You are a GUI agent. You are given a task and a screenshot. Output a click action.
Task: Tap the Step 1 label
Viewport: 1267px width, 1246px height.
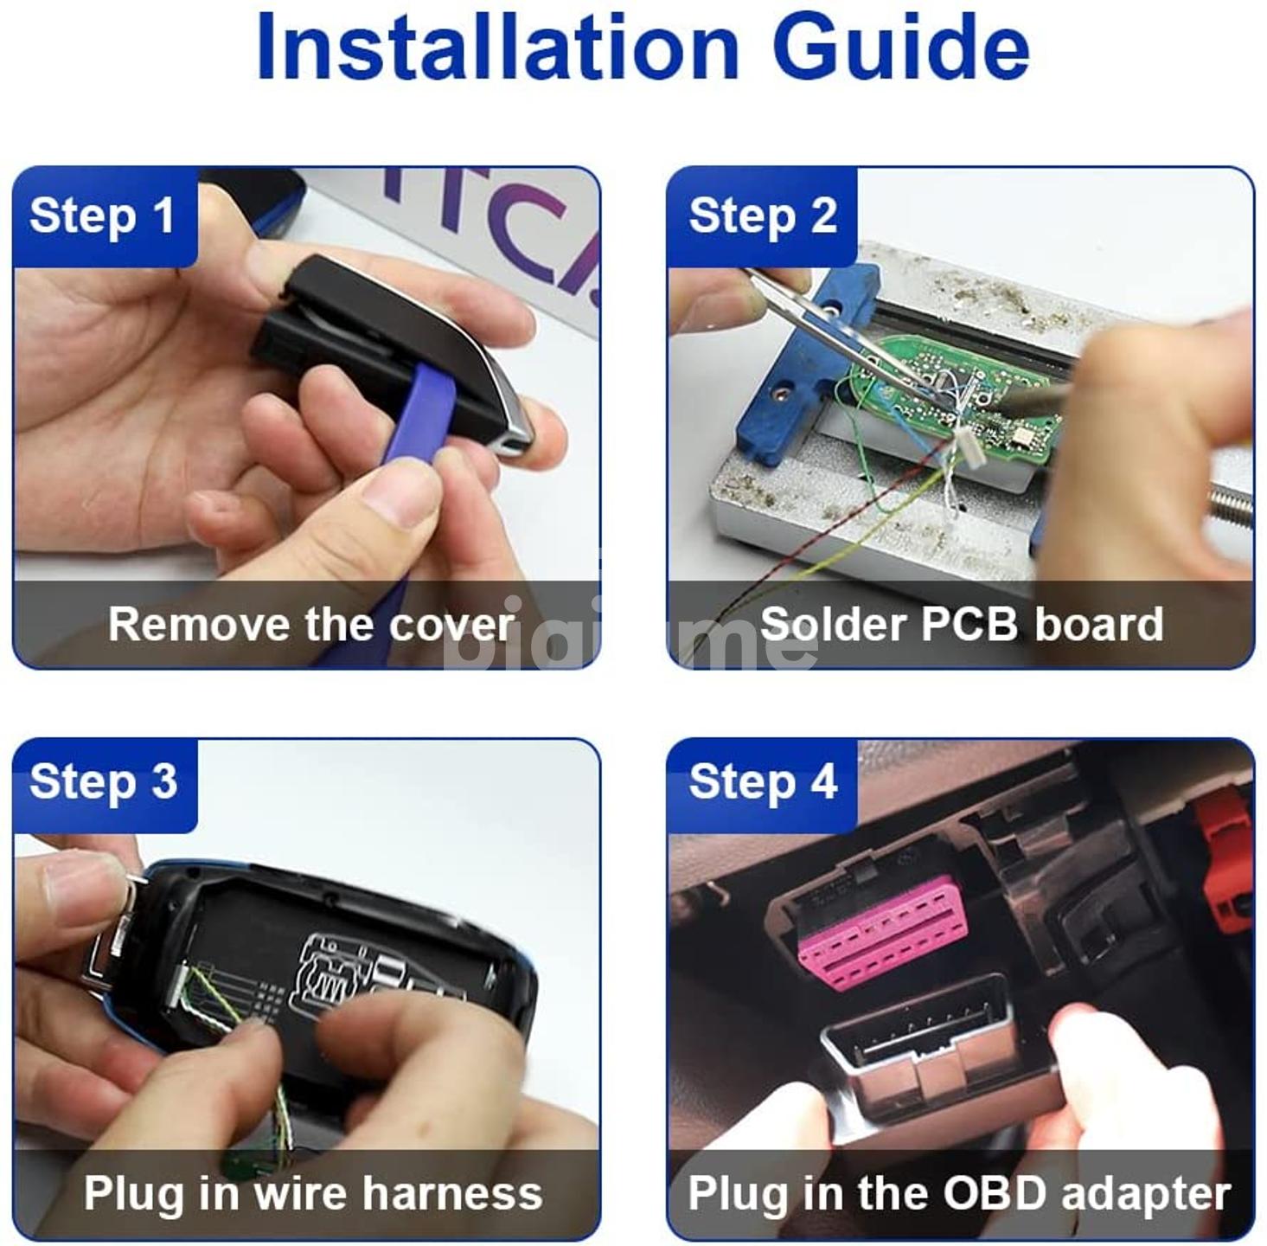point(102,215)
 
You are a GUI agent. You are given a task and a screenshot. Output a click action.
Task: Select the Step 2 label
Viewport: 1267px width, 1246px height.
point(763,215)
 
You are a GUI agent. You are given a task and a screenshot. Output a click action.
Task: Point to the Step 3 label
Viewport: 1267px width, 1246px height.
point(103,781)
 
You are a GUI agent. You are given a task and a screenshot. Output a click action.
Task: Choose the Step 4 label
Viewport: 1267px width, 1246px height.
point(764,781)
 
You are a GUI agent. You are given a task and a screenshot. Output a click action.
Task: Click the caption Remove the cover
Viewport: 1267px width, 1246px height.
point(311,624)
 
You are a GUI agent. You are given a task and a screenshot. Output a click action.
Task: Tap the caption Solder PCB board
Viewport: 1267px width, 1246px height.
point(962,624)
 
